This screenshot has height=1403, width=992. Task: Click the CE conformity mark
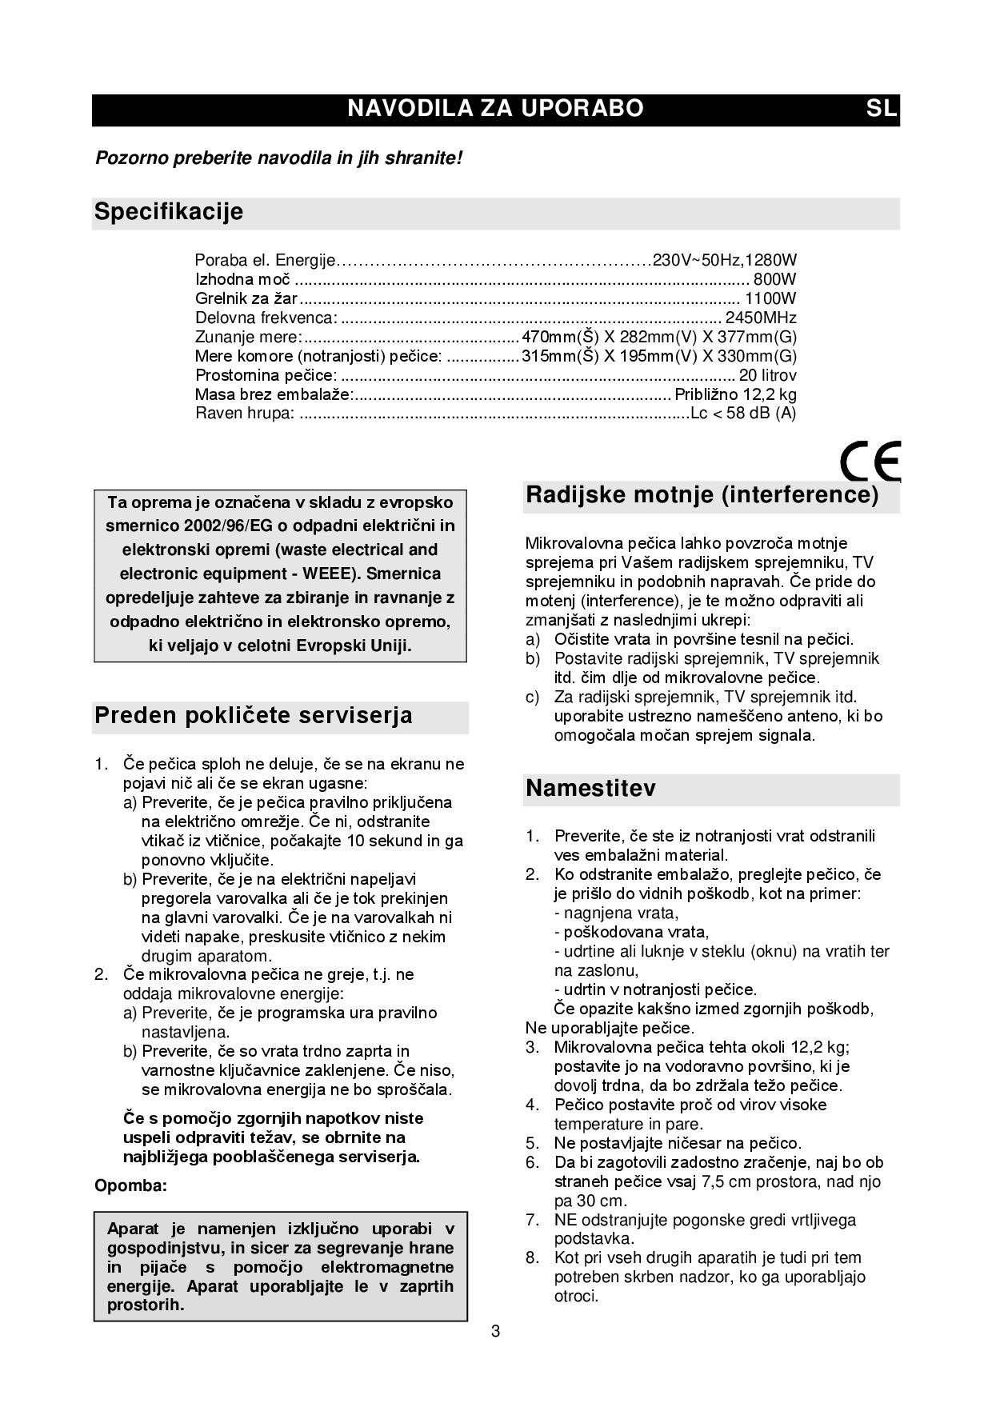(870, 461)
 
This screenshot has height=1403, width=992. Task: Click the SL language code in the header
(881, 109)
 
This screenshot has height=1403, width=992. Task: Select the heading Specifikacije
(169, 212)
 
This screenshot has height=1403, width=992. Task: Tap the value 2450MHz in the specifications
(761, 318)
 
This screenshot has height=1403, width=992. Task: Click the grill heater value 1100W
(770, 298)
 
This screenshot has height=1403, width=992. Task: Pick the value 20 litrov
(767, 375)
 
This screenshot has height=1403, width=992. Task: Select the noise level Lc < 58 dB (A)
(743, 414)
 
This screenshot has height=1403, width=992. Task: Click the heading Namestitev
(590, 789)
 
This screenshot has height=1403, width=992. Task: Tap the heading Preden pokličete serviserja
(254, 715)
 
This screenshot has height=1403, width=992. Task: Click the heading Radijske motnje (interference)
(702, 495)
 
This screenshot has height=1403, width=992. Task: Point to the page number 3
(496, 1332)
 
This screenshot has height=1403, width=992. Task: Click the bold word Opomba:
(131, 1185)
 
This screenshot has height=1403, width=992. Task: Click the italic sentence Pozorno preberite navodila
(278, 158)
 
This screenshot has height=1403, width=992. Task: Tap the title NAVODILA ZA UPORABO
(495, 109)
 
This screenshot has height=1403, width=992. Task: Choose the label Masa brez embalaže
(274, 394)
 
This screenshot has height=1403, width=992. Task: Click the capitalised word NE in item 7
(566, 1220)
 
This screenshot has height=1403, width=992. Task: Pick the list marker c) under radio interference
(533, 697)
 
